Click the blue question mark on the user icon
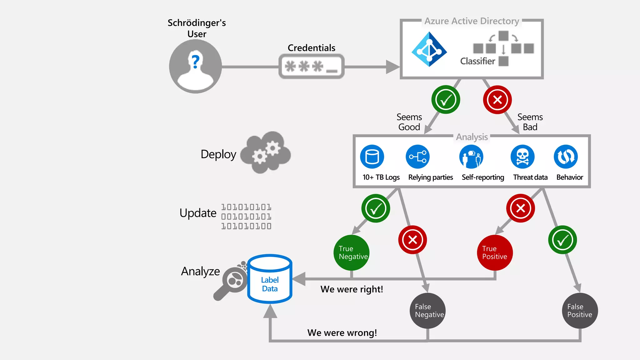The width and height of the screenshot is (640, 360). (196, 62)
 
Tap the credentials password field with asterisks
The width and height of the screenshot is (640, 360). (311, 67)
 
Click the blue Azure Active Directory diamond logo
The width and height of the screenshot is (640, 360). (429, 49)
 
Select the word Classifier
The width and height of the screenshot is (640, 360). (477, 61)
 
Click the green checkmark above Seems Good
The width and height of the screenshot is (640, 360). (445, 100)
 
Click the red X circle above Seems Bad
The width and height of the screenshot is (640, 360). (497, 100)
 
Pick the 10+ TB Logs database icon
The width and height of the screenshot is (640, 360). (372, 157)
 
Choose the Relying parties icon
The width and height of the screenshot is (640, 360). (417, 157)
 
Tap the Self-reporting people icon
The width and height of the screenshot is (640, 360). (471, 157)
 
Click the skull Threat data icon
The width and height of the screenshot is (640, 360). (522, 157)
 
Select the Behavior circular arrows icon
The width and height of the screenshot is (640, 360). (566, 157)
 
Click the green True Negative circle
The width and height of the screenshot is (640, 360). (352, 252)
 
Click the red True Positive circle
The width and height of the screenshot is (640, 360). (495, 252)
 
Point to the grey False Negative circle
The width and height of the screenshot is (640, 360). (427, 311)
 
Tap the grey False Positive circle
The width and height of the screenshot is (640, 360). (580, 311)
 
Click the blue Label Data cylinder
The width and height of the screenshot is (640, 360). (270, 279)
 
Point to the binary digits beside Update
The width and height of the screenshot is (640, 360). (246, 217)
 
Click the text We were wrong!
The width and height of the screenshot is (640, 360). (342, 333)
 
